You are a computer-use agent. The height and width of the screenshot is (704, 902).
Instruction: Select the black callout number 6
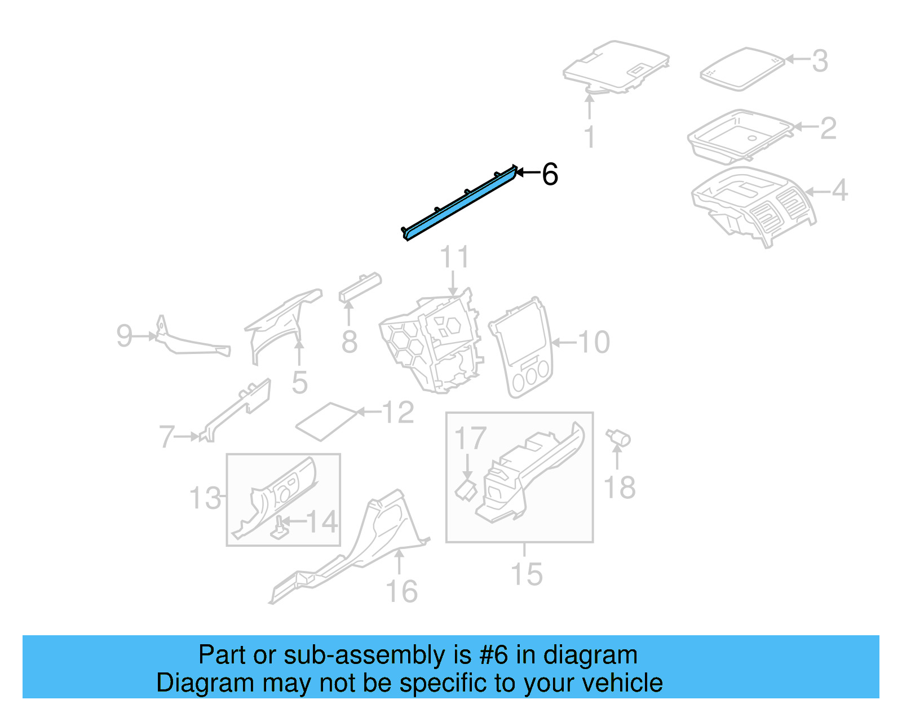[550, 174]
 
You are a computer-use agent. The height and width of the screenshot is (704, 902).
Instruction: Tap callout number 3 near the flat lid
[820, 61]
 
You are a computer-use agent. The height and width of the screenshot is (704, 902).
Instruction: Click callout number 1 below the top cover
[590, 137]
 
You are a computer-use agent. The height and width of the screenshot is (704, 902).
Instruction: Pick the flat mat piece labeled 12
[327, 421]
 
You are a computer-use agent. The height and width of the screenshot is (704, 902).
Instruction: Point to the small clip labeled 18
[618, 439]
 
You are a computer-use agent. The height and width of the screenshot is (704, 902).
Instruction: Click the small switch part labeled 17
[466, 489]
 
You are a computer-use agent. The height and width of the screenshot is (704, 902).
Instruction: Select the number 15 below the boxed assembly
[526, 574]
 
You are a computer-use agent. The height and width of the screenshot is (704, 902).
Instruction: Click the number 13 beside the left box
[205, 498]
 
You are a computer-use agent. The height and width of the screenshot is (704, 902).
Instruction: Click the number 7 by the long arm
[167, 437]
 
